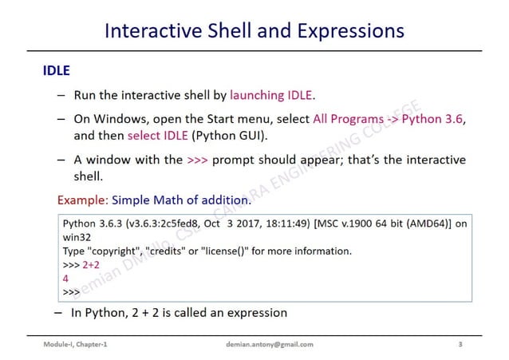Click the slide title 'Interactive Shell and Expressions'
click(254, 31)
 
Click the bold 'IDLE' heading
click(56, 71)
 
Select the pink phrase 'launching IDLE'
click(272, 95)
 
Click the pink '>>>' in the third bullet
click(197, 159)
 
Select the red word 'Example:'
click(83, 199)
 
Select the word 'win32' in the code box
click(77, 237)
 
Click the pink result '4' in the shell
click(65, 279)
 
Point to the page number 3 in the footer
click(460, 344)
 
